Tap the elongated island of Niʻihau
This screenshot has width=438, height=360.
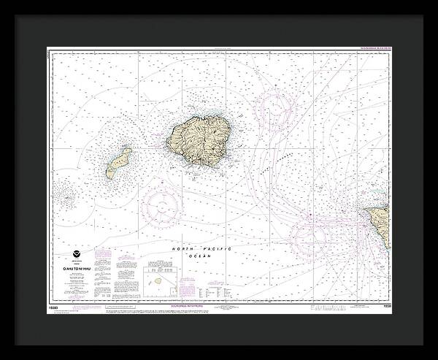click(118, 163)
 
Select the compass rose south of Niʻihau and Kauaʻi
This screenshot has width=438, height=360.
click(161, 205)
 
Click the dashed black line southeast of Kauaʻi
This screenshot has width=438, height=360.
click(274, 161)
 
